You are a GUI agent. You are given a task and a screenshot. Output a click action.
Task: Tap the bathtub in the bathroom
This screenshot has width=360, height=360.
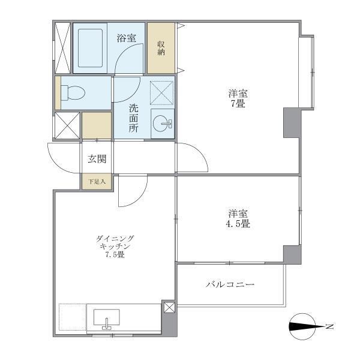tap(91, 48)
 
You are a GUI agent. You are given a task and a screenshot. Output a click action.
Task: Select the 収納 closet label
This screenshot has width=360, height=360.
tap(161, 48)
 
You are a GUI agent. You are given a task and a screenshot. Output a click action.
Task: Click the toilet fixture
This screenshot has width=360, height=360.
tap(74, 93)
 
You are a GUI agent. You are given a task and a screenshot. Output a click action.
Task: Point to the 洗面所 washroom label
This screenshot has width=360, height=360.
tap(133, 119)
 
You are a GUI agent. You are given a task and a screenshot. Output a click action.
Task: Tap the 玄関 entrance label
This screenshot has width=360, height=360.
tap(97, 159)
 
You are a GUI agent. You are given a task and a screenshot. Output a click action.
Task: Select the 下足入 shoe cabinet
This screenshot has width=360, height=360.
tap(97, 182)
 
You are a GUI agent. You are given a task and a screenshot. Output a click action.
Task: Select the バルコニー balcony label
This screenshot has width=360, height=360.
tap(230, 284)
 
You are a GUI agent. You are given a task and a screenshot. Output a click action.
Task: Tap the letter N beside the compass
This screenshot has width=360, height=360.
tap(329, 327)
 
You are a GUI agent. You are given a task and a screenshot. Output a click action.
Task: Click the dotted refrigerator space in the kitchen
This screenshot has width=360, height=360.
tap(72, 318)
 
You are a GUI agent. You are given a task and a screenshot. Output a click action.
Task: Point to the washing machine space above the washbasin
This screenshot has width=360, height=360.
tap(161, 92)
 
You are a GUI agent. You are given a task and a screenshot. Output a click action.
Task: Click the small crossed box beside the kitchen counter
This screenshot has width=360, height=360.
tap(169, 308)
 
